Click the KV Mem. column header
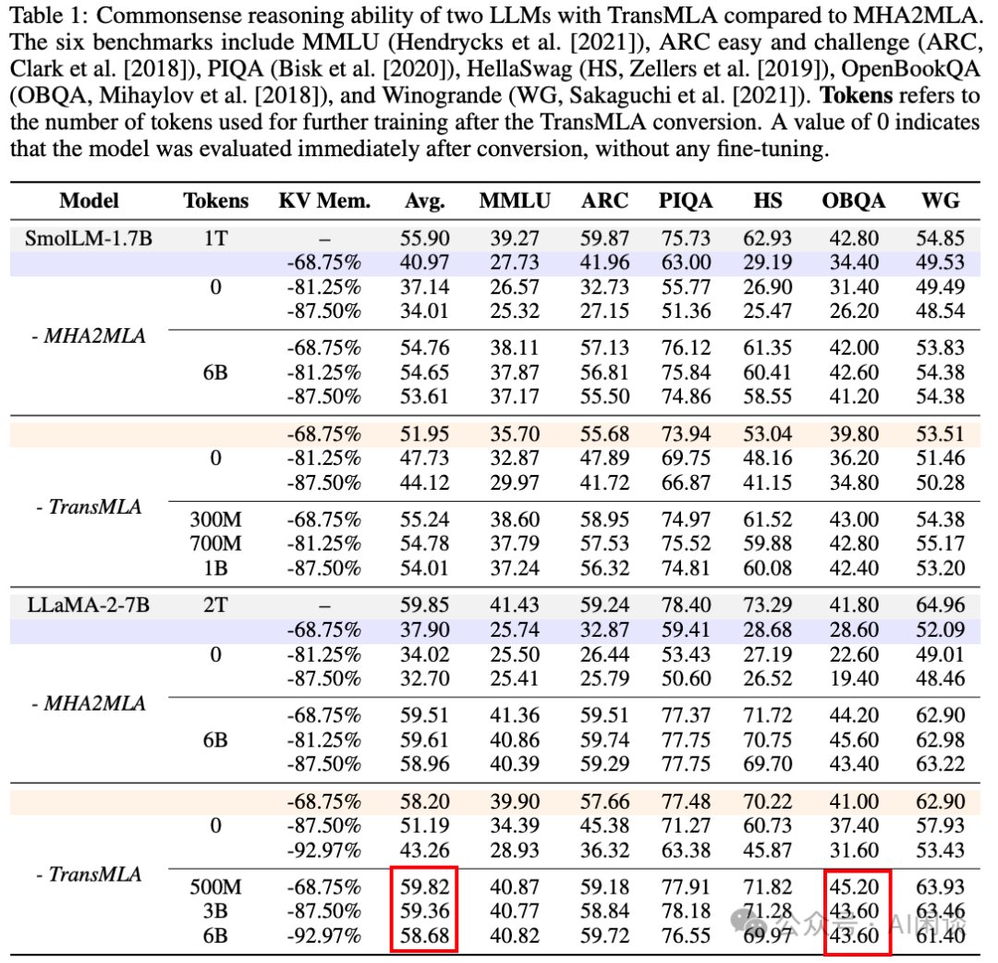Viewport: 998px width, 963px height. coord(323,201)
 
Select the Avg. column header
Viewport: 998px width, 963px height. coord(424,201)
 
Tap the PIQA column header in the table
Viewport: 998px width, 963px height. coord(685,201)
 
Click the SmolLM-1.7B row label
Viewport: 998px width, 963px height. coord(89,239)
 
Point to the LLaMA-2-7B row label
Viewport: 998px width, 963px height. coord(89,605)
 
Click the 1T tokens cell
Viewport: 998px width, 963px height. coord(215,239)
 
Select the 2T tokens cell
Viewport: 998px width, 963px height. coord(215,605)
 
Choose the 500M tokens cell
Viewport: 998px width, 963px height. coord(215,887)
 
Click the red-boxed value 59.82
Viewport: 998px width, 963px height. coord(424,887)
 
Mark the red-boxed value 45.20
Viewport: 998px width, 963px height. coord(856,887)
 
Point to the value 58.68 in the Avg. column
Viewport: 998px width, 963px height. coord(424,935)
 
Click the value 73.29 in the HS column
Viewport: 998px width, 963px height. coord(767,605)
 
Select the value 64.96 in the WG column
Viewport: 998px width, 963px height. coord(941,605)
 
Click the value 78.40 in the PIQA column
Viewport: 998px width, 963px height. coord(685,605)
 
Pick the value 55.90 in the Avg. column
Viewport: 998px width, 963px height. coord(424,239)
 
